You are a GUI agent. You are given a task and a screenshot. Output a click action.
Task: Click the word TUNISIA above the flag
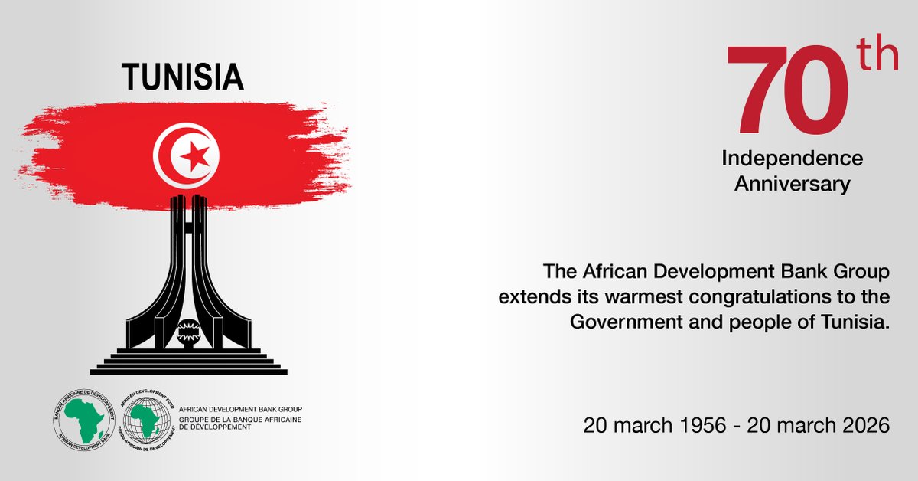183,77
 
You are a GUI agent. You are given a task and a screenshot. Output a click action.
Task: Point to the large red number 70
789,93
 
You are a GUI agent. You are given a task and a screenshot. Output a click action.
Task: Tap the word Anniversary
793,184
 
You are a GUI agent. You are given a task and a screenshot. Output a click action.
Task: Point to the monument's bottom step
188,371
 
